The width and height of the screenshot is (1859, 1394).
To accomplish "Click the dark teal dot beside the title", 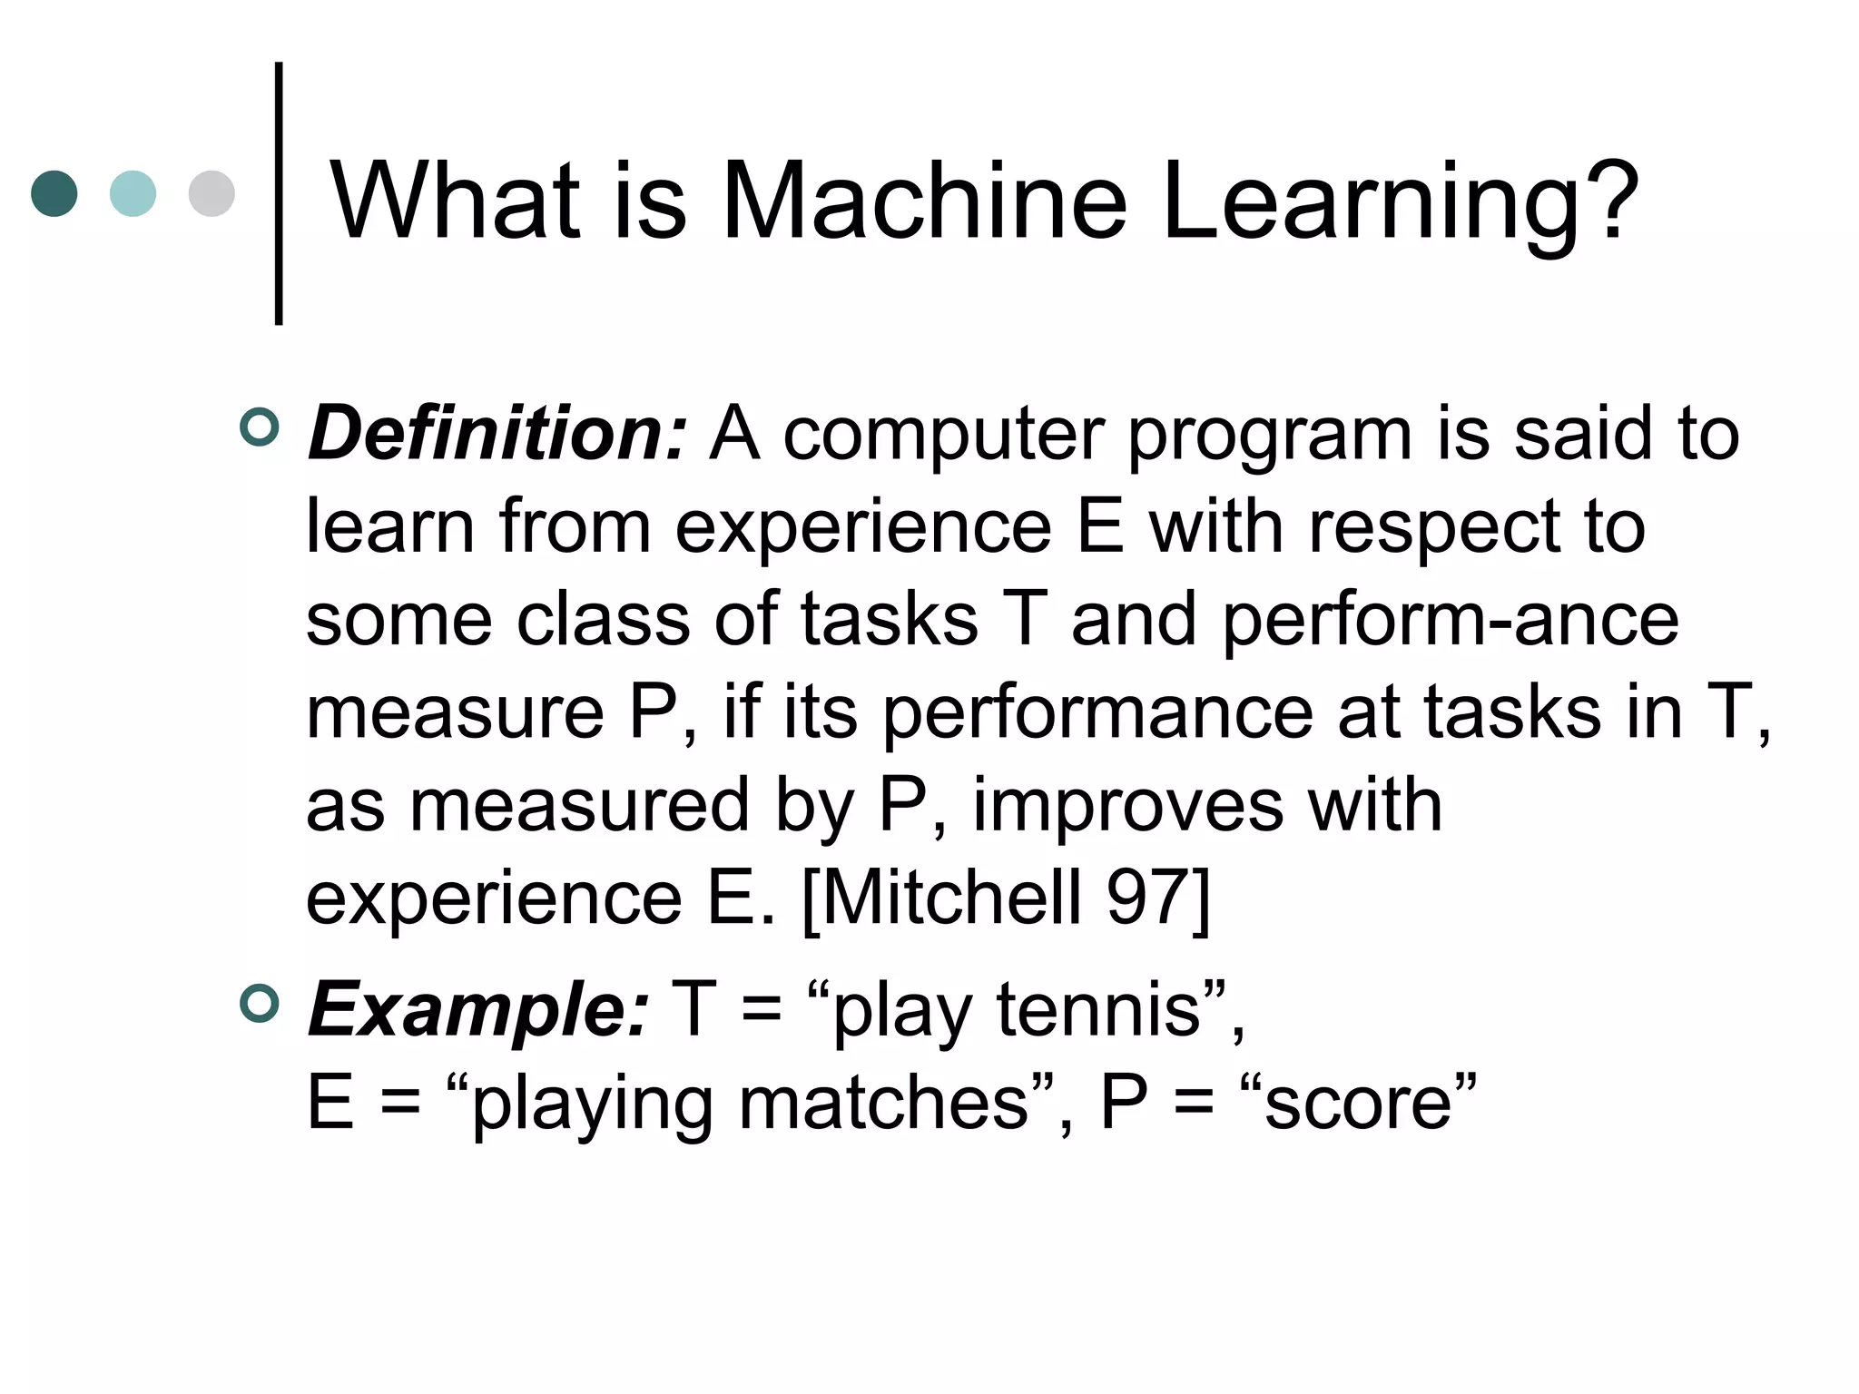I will pyautogui.click(x=54, y=193).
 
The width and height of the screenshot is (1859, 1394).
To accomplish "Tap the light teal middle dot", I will pyautogui.click(x=133, y=193).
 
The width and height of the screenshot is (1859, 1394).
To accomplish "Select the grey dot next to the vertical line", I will pyautogui.click(x=211, y=193).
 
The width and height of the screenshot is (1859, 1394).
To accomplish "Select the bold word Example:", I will pyautogui.click(x=478, y=1009).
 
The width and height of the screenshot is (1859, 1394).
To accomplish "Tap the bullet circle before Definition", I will pyautogui.click(x=260, y=427).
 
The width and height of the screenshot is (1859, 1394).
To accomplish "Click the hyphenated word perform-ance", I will pyautogui.click(x=1451, y=621).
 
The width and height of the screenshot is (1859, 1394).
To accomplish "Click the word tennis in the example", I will pyautogui.click(x=1098, y=1009).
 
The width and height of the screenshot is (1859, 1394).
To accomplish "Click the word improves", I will pyautogui.click(x=1127, y=806).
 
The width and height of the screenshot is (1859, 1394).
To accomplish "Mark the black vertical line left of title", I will pyautogui.click(x=279, y=193).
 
